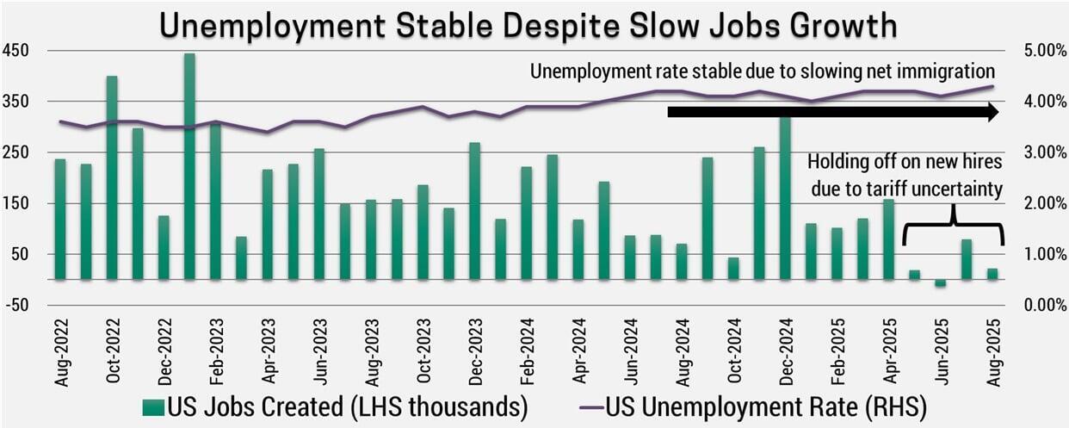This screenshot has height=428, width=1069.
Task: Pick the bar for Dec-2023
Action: tap(474, 211)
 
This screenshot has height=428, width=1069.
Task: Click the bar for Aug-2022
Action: tap(60, 220)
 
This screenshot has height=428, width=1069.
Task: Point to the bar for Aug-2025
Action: tap(992, 274)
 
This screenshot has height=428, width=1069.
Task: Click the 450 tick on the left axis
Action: tap(17, 51)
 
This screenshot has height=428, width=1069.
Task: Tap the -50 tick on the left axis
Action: tap(17, 305)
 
